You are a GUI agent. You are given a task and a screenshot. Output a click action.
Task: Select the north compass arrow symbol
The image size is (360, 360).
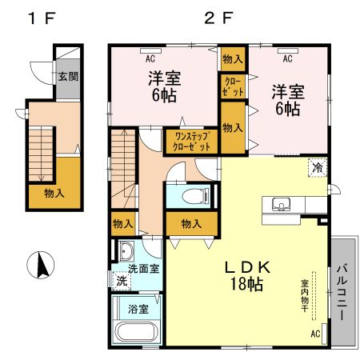39,264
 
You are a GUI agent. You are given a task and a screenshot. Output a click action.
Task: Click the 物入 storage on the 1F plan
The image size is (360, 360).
54,193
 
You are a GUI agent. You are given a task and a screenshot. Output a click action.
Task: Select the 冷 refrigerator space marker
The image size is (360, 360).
318,168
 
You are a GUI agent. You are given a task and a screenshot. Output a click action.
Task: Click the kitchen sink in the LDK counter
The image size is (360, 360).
282,204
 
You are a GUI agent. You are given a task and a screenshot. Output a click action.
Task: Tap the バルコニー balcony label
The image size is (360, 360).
341,292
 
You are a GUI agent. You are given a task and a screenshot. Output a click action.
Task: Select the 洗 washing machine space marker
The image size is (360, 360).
121,281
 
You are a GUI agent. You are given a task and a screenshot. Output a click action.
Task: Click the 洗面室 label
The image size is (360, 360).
145,270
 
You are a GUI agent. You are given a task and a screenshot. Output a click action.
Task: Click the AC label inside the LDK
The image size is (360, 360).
314,334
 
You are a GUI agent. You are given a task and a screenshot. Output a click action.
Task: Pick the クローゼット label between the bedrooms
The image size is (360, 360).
232,87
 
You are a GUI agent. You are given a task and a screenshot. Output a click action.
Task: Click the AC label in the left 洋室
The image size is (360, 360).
150,58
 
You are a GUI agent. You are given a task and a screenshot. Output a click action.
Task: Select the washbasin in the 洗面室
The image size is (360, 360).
125,250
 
